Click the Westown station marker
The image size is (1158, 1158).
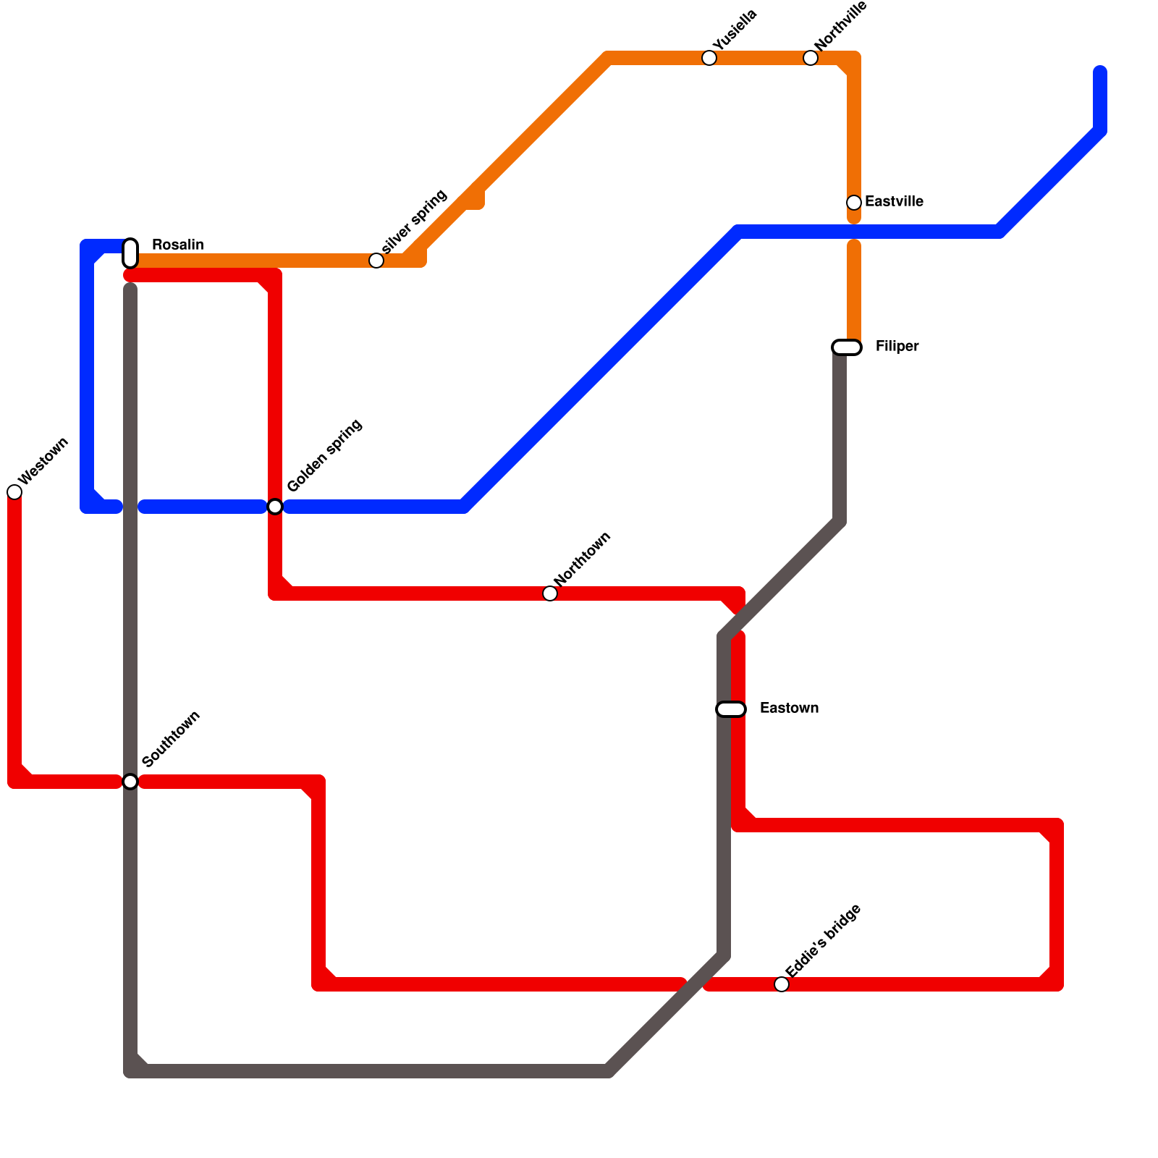tap(14, 492)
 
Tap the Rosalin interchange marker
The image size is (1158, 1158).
tap(130, 253)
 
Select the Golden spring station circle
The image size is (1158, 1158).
tap(275, 507)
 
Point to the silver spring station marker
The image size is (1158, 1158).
tap(376, 261)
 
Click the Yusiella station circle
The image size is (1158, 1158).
tap(709, 58)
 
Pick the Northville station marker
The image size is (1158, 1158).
tap(811, 58)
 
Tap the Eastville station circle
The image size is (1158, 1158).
tap(854, 203)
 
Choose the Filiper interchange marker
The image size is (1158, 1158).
tap(847, 347)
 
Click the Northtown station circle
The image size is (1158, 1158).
tap(550, 593)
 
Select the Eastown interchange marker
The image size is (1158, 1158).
tap(731, 709)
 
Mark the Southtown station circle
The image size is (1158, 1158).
tap(130, 782)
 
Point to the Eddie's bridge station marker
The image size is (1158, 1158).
tap(782, 984)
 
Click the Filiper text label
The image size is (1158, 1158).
tap(897, 347)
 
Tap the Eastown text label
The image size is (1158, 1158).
tap(789, 709)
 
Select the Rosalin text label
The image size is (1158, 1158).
tap(177, 245)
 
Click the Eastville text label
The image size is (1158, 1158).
tap(894, 202)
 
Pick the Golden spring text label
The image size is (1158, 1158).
tap(324, 456)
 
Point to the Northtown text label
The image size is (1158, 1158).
tap(583, 559)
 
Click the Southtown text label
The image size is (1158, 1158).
tap(172, 739)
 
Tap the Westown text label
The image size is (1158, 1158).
tap(43, 461)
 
